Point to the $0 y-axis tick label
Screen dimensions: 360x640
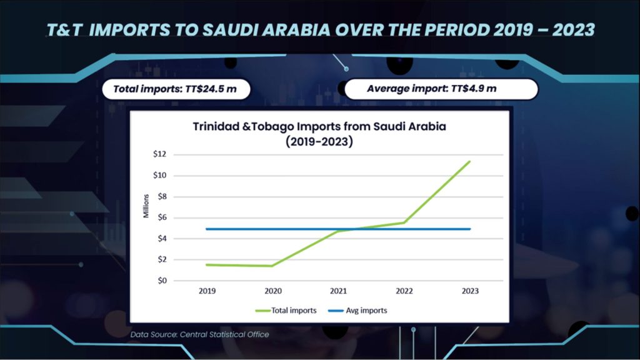click(x=161, y=281)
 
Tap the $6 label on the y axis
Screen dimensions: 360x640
click(x=161, y=217)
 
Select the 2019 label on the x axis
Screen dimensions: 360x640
click(x=207, y=291)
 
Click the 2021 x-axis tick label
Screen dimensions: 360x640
click(x=338, y=291)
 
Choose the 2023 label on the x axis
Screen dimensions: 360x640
click(x=470, y=291)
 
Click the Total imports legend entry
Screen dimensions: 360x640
click(x=286, y=310)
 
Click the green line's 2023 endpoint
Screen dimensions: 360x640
click(x=470, y=161)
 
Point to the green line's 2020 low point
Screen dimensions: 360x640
click(x=272, y=266)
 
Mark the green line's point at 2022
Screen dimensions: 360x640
click(x=404, y=222)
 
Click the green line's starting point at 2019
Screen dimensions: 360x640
click(x=207, y=264)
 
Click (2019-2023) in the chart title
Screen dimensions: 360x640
click(x=319, y=141)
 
